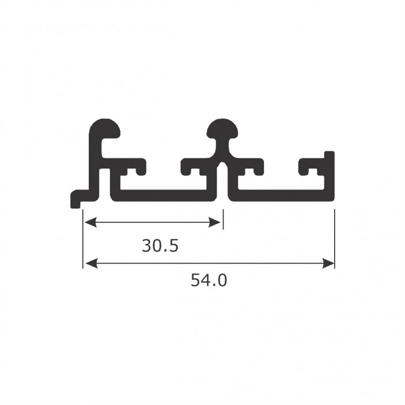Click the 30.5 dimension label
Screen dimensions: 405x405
coord(160,245)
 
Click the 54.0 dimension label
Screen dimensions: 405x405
coord(209,280)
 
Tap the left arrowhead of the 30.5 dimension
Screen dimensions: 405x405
coord(90,222)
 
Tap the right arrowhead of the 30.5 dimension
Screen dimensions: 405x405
coord(215,222)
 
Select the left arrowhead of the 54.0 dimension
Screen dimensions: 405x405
coord(91,264)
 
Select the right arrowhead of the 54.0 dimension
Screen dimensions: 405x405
coord(328,264)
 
